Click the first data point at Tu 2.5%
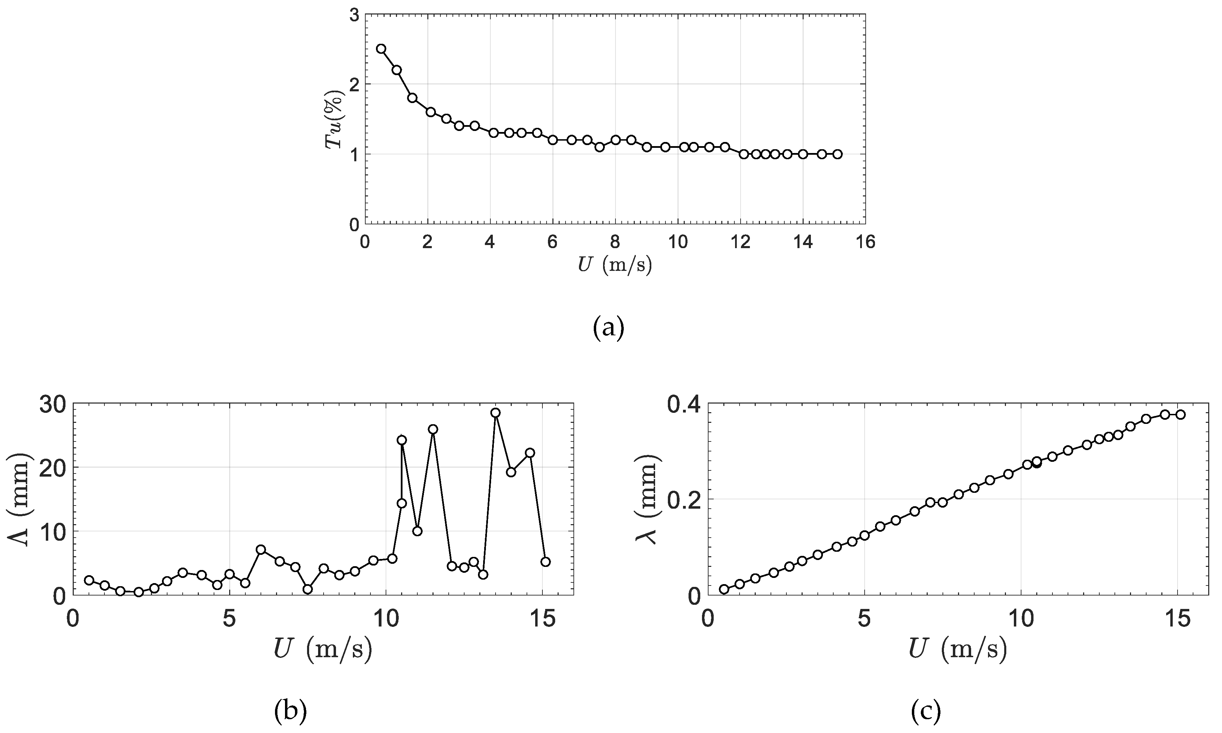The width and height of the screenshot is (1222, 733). pyautogui.click(x=381, y=48)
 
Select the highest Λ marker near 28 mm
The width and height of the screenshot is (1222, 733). pyautogui.click(x=496, y=413)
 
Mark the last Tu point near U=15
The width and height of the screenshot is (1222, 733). pyautogui.click(x=837, y=154)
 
